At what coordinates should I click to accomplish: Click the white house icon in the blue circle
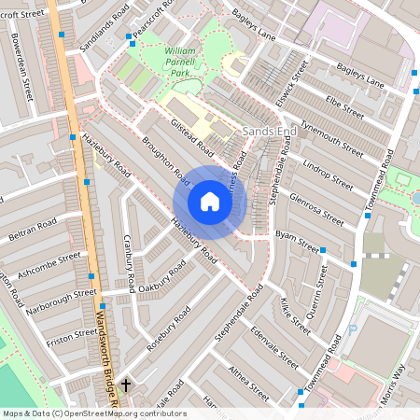(210, 201)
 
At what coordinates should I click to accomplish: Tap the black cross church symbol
(126, 384)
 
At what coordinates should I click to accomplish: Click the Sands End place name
(269, 133)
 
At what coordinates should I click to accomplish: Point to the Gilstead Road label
(191, 137)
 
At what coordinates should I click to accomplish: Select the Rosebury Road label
(169, 328)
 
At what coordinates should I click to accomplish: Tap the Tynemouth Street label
(339, 141)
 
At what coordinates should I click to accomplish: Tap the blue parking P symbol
(352, 329)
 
